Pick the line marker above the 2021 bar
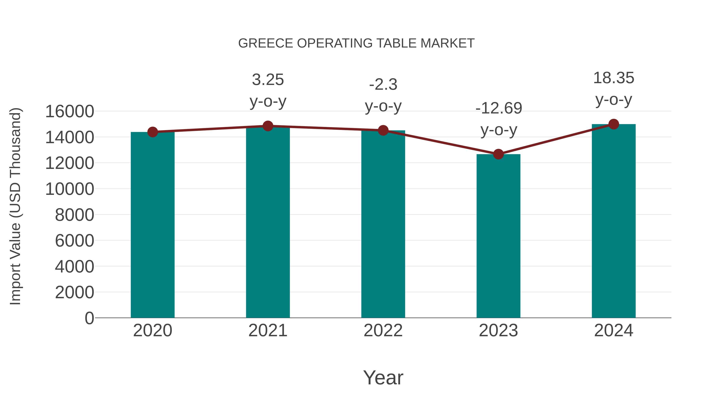pos(268,126)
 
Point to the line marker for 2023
pos(498,154)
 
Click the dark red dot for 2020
pos(153,132)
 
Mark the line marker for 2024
pos(614,124)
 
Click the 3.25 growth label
pos(268,80)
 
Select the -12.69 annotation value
pos(499,108)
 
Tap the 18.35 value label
pos(614,78)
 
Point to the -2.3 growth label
pos(383,85)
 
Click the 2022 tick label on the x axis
pos(383,331)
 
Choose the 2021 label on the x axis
pos(268,331)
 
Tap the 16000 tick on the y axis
pos(70,111)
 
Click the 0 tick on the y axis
pos(89,318)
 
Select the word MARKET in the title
pos(447,43)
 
